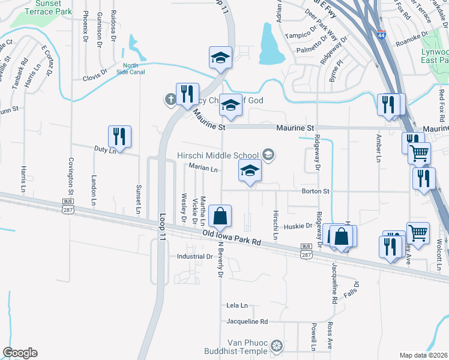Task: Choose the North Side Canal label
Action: (131, 69)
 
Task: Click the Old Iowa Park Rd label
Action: (232, 238)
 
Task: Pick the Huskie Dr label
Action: (301, 226)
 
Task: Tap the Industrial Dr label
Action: (194, 256)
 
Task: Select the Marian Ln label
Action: (203, 169)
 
